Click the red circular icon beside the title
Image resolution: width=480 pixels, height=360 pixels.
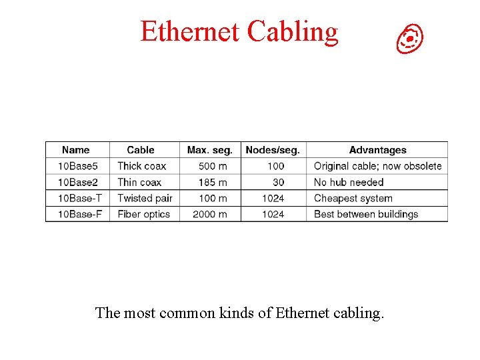pyautogui.click(x=410, y=39)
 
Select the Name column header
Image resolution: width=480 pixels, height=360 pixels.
pyautogui.click(x=75, y=150)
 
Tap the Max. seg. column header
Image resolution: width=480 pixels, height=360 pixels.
pyautogui.click(x=210, y=150)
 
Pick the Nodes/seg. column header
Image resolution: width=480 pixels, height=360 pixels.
pyautogui.click(x=273, y=150)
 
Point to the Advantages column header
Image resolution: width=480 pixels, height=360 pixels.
pyautogui.click(x=377, y=150)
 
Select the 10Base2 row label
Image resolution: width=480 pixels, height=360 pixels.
pyautogui.click(x=78, y=182)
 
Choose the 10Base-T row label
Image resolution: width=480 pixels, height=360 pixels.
pyautogui.click(x=80, y=198)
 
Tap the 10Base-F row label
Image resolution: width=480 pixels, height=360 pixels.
pyautogui.click(x=80, y=214)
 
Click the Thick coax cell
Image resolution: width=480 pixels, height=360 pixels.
pyautogui.click(x=141, y=166)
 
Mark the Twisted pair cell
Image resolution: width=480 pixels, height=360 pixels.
pyautogui.click(x=145, y=198)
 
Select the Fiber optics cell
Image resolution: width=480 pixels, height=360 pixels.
pyautogui.click(x=144, y=214)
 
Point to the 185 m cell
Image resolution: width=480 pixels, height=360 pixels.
pyautogui.click(x=213, y=182)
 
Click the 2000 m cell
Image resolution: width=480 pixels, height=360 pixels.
pyautogui.click(x=210, y=214)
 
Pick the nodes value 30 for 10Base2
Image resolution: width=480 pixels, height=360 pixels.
pyautogui.click(x=278, y=182)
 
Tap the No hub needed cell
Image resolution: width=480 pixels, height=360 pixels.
pyautogui.click(x=349, y=182)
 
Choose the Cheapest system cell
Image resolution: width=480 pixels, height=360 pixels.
pyautogui.click(x=353, y=198)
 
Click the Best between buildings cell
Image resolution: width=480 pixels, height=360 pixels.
pyautogui.click(x=366, y=214)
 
